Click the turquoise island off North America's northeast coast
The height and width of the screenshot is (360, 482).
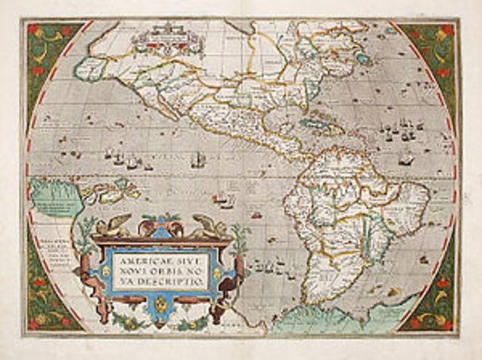point(363,57)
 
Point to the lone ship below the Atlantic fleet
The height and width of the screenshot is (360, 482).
point(407,160)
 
